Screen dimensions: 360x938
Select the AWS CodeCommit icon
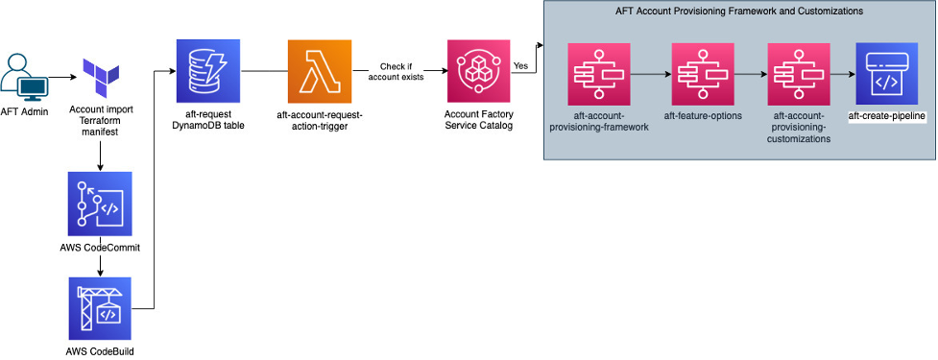coord(101,204)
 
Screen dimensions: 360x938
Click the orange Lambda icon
coord(319,70)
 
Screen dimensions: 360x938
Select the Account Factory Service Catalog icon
coord(478,70)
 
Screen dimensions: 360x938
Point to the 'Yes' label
coord(521,65)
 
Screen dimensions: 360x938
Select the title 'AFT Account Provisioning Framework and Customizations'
coord(739,12)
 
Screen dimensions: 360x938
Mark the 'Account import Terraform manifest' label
coord(101,122)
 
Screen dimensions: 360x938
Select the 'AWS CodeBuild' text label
coord(101,351)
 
